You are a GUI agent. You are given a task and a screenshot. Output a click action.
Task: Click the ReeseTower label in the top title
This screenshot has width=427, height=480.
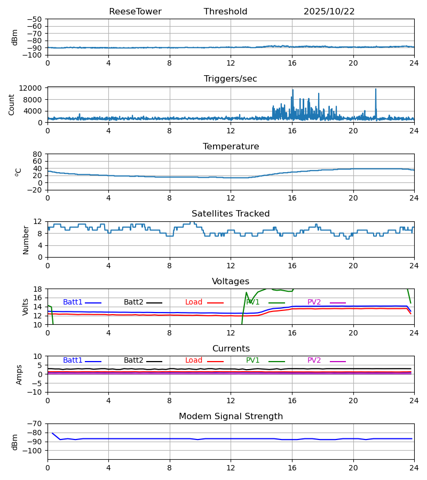click(135, 12)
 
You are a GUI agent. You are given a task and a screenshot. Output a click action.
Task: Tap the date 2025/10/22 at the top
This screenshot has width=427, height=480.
click(329, 12)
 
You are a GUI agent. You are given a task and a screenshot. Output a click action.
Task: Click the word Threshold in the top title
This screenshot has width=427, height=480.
click(225, 12)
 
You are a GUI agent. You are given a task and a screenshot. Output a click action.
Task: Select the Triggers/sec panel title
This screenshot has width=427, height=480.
click(231, 79)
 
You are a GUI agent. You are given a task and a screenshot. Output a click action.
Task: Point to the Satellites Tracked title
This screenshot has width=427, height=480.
click(231, 214)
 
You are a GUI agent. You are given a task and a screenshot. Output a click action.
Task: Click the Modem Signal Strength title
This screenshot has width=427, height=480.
click(231, 417)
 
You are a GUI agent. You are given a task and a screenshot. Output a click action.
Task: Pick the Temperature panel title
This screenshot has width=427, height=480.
click(231, 147)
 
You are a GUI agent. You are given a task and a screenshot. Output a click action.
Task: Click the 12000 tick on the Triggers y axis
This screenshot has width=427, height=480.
click(34, 88)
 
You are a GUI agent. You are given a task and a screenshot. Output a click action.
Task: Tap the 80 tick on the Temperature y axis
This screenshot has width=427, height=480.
click(38, 154)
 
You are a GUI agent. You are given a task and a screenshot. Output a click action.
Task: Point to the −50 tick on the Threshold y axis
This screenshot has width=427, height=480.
click(36, 19)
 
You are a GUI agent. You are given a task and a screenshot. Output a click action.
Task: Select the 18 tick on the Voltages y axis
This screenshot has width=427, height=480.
click(38, 289)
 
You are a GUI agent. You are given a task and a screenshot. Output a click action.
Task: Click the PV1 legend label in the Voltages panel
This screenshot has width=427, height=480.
click(253, 302)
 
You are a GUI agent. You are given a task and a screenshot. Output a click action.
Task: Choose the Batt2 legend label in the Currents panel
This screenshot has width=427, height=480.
click(133, 361)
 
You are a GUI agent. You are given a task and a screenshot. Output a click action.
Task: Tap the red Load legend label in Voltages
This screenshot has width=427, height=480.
click(194, 302)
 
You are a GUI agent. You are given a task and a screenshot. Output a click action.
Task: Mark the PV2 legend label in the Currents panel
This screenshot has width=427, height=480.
click(314, 361)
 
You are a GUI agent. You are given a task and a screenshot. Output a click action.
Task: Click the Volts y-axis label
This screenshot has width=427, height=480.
click(26, 307)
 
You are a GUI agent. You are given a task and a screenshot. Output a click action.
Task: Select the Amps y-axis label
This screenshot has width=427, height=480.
click(19, 374)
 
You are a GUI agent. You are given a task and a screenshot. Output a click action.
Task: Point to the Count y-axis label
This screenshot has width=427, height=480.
click(12, 105)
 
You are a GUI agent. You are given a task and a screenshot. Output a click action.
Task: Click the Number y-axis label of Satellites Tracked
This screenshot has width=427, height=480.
click(26, 239)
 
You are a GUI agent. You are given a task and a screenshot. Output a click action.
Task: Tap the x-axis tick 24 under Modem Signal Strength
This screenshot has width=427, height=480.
click(414, 468)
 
